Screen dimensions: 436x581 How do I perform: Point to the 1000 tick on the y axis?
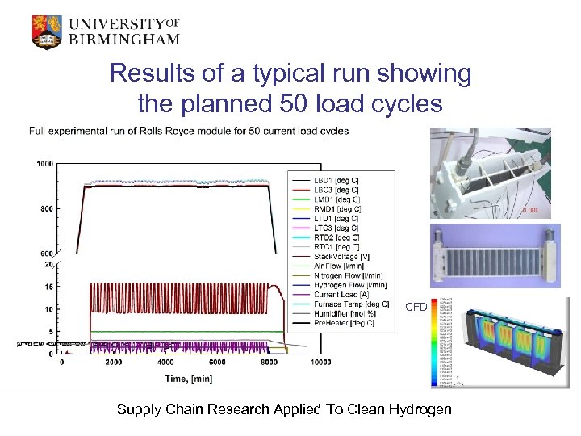point(44,164)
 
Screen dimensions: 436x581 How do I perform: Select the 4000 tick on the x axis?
point(165,363)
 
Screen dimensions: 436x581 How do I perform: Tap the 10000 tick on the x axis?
point(320,363)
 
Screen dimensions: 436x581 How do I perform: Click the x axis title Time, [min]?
point(190,377)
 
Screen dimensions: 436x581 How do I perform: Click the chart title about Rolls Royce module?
point(189,131)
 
